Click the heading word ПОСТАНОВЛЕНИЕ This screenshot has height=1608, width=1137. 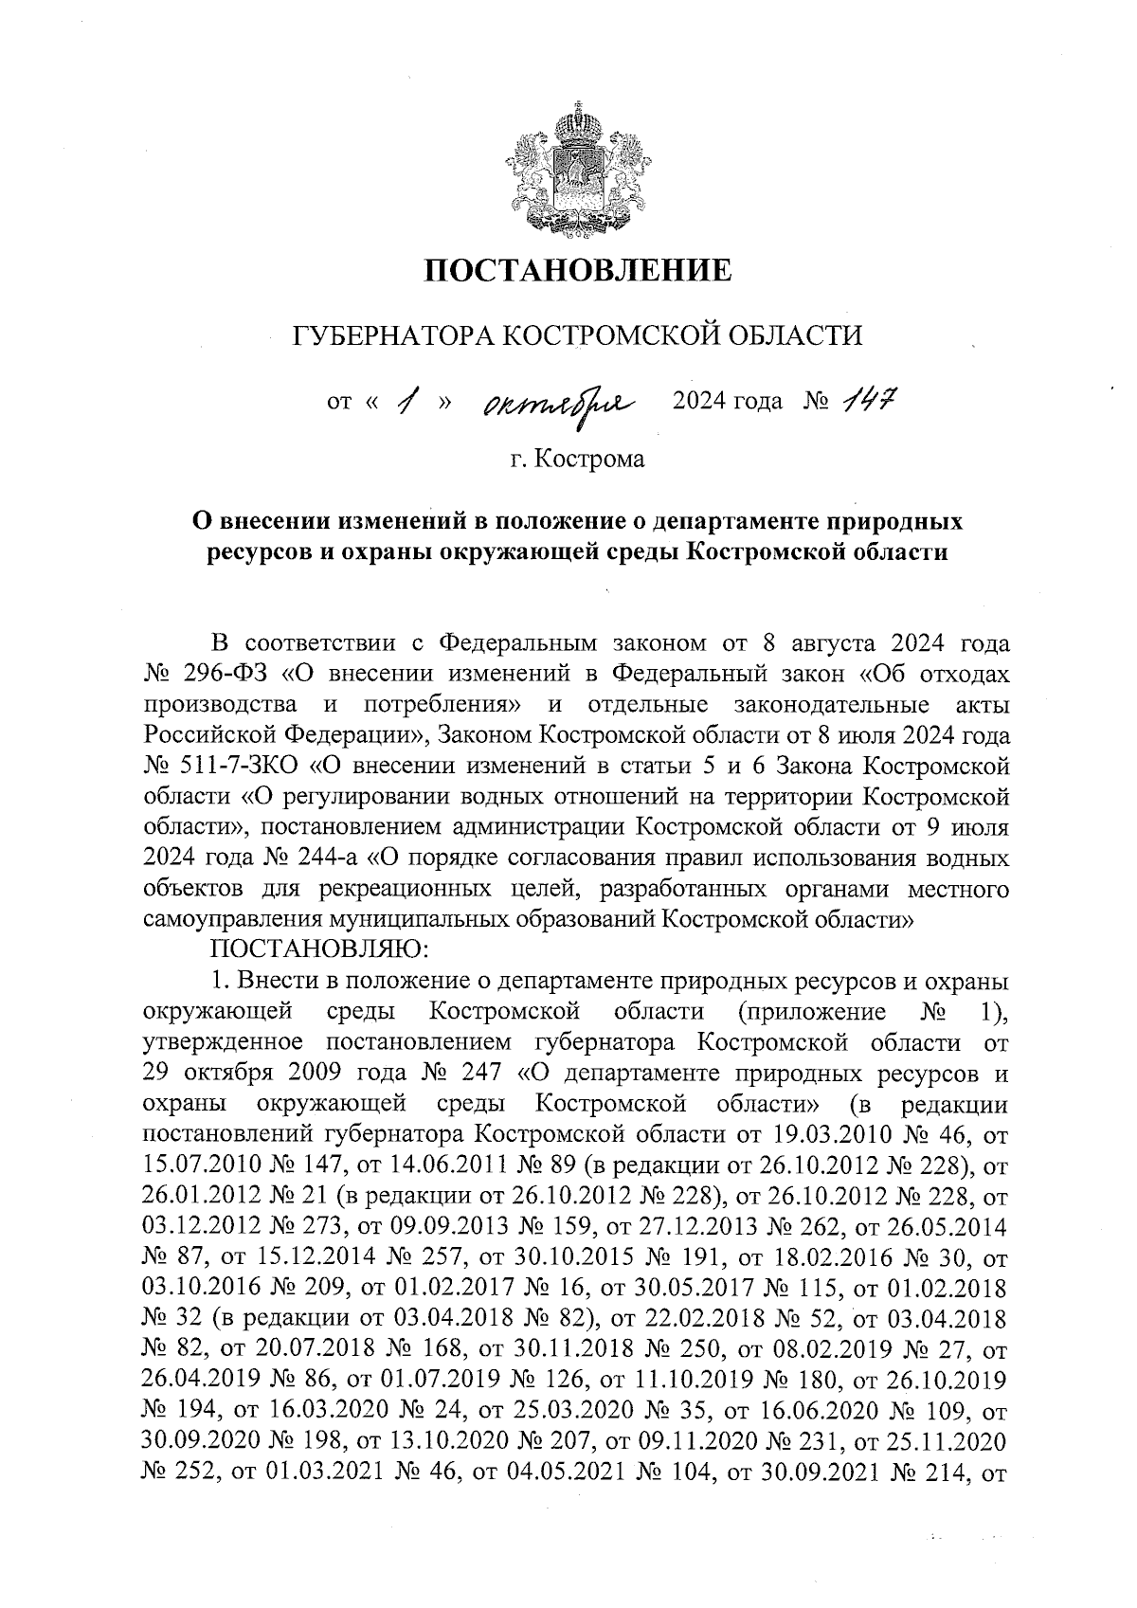tap(577, 271)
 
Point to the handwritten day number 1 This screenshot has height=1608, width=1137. tap(408, 405)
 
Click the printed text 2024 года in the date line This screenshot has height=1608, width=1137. tap(728, 403)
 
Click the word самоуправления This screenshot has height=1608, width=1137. tap(233, 919)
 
